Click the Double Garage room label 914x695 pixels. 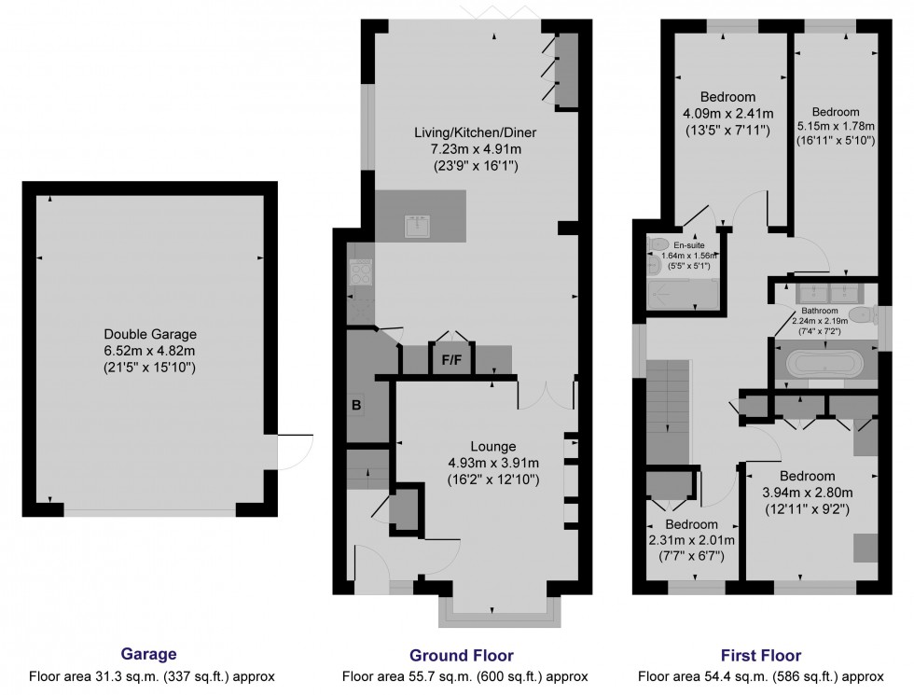point(150,334)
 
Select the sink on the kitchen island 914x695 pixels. point(416,225)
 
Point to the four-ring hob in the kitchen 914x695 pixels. point(359,271)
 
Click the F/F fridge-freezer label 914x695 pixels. point(451,358)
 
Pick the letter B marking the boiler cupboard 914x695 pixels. point(355,406)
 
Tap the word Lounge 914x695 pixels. point(493,446)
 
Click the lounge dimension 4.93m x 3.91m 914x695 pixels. point(493,463)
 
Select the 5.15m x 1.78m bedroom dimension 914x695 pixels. point(836,126)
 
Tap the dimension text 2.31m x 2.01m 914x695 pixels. point(691,540)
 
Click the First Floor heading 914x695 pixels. point(760,656)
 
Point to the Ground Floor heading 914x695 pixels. point(461,656)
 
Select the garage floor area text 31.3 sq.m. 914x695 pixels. point(152,676)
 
